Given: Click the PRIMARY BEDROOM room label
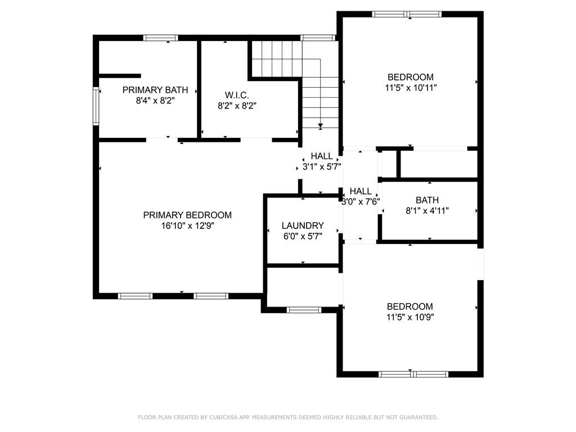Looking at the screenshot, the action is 187,215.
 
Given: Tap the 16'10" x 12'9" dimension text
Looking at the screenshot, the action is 187,226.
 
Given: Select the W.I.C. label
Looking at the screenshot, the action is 237,95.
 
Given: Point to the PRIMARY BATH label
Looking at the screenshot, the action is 155,90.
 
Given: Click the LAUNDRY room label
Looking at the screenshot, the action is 303,226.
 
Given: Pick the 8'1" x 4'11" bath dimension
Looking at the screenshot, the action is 427,211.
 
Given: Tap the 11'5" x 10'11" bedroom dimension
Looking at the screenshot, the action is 411,88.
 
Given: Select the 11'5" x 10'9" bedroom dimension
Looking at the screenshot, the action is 410,317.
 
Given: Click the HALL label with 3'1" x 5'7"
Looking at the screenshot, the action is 322,156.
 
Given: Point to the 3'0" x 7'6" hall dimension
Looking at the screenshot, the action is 361,202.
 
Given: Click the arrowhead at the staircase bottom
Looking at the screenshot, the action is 320,127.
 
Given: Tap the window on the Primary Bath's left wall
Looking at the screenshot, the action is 96,106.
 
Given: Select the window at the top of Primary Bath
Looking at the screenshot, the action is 160,38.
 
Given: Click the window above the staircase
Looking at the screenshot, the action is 318,38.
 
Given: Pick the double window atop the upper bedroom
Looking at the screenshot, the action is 407,14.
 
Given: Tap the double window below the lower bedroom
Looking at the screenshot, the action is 413,374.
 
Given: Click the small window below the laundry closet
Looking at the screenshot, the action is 304,310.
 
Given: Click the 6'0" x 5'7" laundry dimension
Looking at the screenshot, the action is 303,236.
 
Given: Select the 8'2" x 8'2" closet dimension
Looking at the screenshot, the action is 237,106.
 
